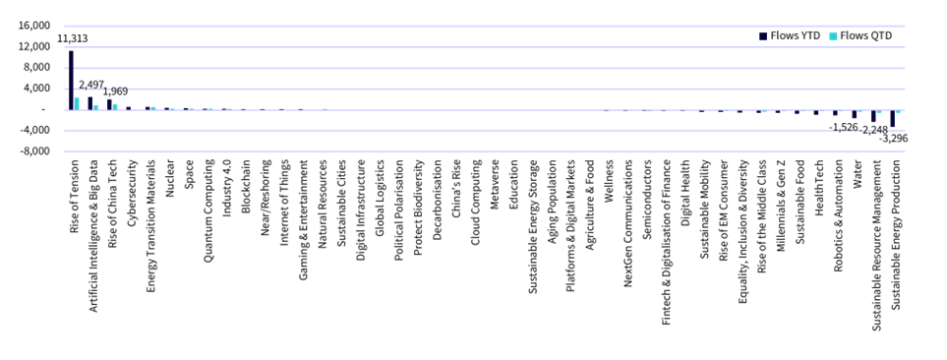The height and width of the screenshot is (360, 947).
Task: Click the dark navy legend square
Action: point(762,36)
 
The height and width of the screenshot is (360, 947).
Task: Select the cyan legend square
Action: point(833,36)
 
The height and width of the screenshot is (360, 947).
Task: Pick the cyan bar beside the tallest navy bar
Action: point(77,103)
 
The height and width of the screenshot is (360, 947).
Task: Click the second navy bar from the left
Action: point(90,102)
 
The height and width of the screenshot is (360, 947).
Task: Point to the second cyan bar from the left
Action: point(96,107)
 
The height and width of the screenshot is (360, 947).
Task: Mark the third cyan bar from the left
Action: point(115,107)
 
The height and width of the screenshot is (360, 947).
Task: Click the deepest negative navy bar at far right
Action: point(892,119)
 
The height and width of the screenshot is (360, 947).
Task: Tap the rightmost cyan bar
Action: point(898,111)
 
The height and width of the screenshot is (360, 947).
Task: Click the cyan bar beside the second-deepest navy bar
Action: point(879,111)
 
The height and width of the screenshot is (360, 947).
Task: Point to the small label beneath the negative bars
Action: point(859,129)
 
